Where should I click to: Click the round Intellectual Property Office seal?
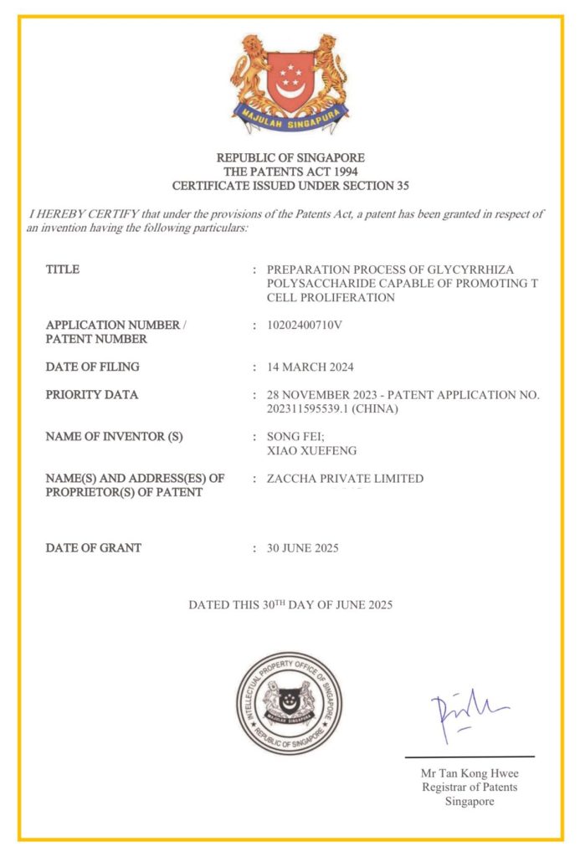(290, 703)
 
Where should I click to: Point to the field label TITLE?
(63, 269)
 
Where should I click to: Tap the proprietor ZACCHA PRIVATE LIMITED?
(345, 479)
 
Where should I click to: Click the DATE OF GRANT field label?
(94, 548)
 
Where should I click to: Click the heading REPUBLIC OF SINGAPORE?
(290, 157)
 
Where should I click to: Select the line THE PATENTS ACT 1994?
(290, 171)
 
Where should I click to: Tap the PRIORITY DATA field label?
(92, 395)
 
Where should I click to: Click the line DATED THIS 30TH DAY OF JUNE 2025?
(290, 604)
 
